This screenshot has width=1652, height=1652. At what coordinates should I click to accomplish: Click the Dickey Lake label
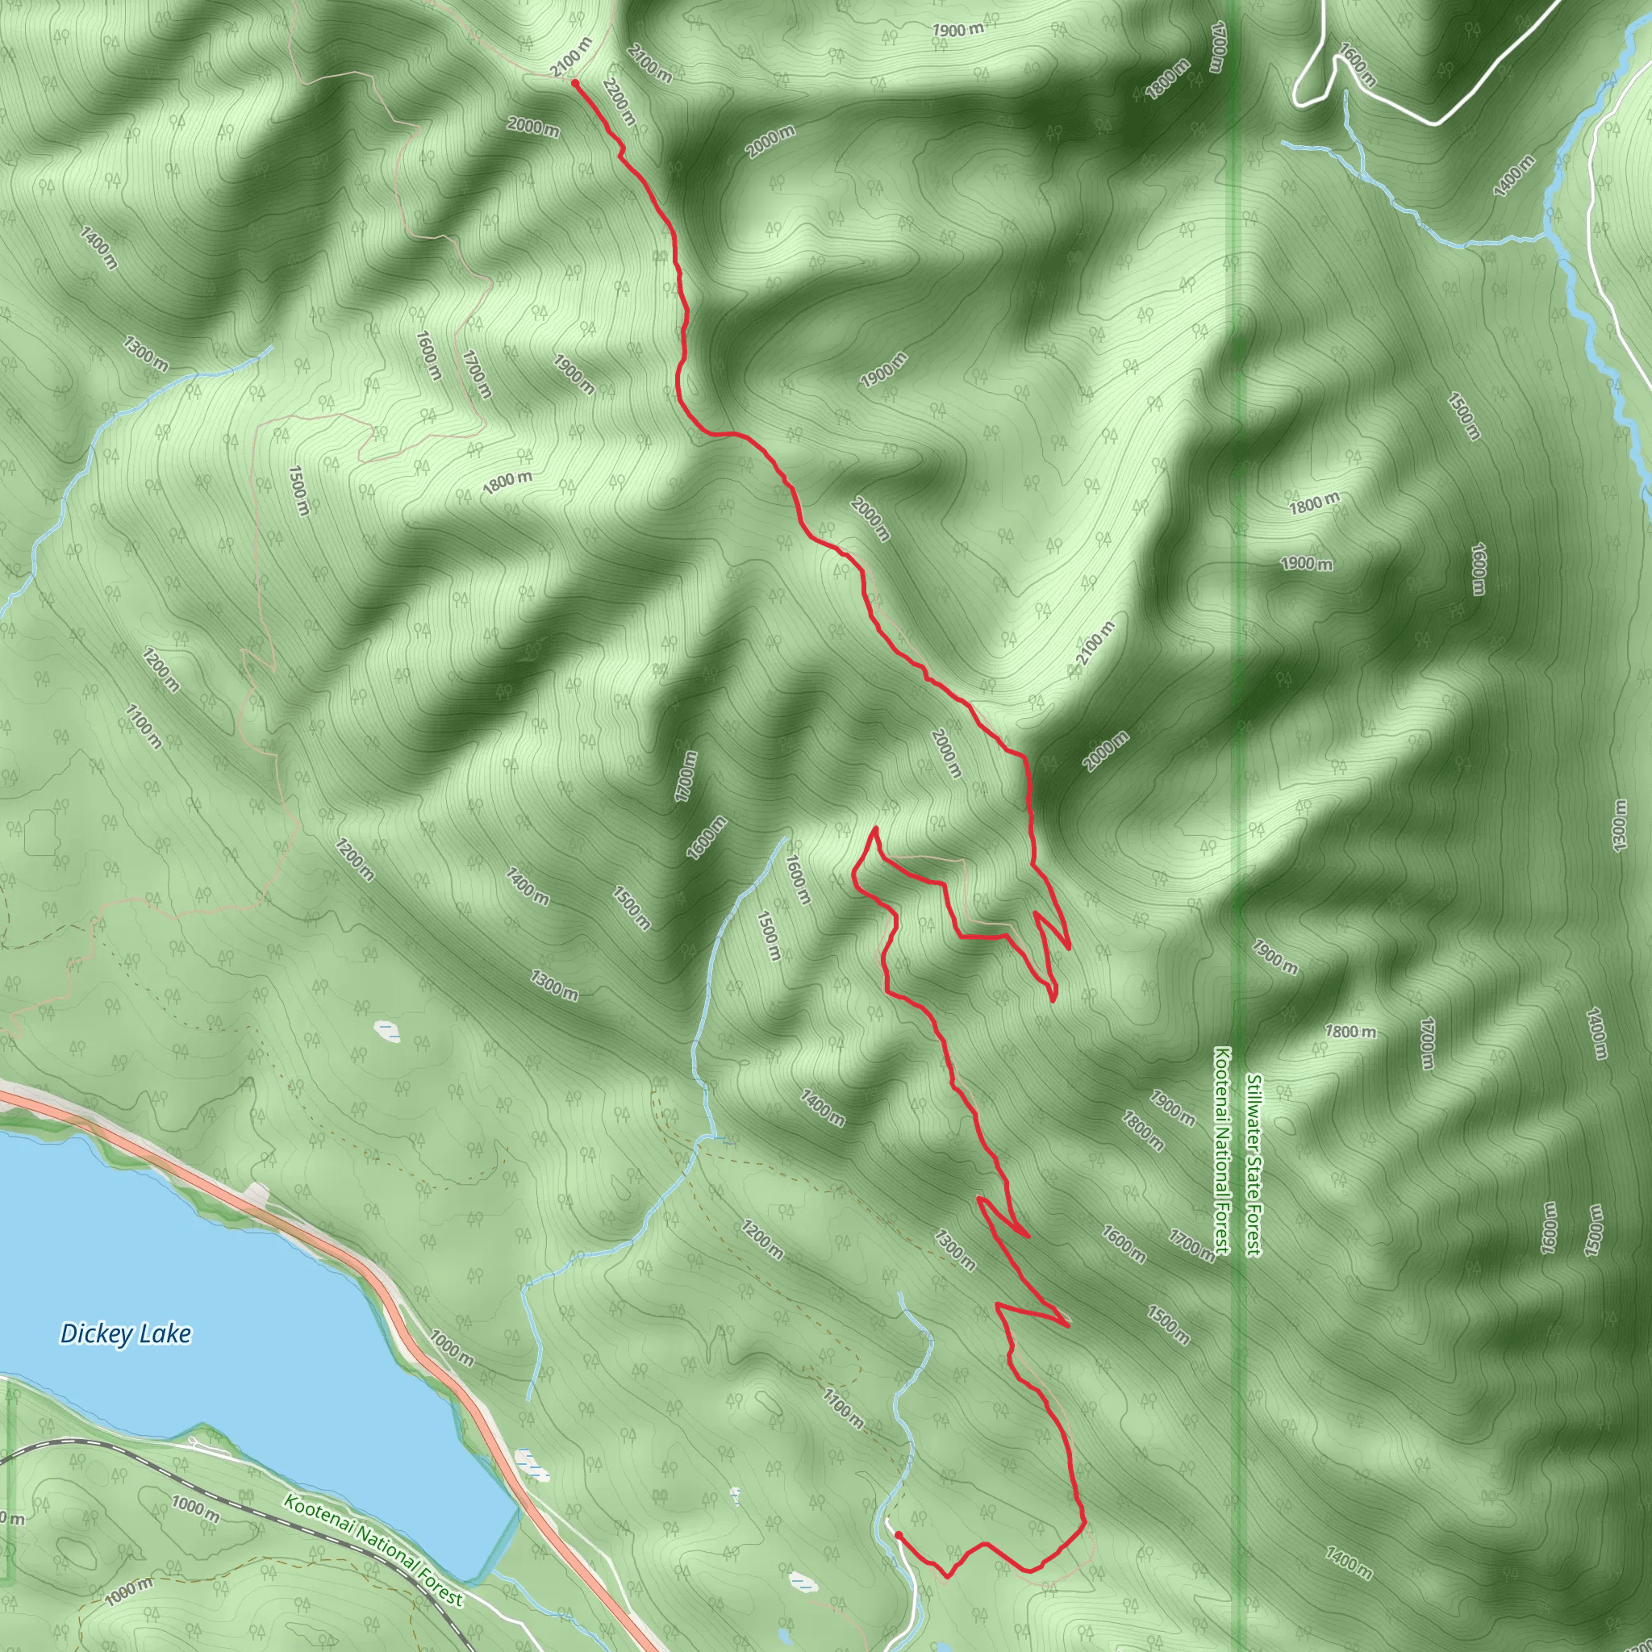pos(125,1334)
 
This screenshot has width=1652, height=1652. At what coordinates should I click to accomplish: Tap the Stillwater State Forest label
pos(1254,1166)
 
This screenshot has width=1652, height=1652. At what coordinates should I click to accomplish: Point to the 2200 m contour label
pos(619,102)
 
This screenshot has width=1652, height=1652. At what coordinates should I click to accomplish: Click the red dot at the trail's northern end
pos(575,83)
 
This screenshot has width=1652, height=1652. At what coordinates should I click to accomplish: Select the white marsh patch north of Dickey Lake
pos(387,1031)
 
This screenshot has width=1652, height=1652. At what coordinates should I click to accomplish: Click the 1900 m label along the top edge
pos(957,30)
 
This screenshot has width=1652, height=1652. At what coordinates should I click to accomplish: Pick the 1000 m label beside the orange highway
pos(452,1349)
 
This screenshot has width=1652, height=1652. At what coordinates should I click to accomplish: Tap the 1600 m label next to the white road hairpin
pos(1358,65)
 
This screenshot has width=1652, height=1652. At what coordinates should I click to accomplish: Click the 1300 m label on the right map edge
pos(1619,825)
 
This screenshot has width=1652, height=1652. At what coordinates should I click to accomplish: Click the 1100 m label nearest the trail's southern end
pos(842,1408)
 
